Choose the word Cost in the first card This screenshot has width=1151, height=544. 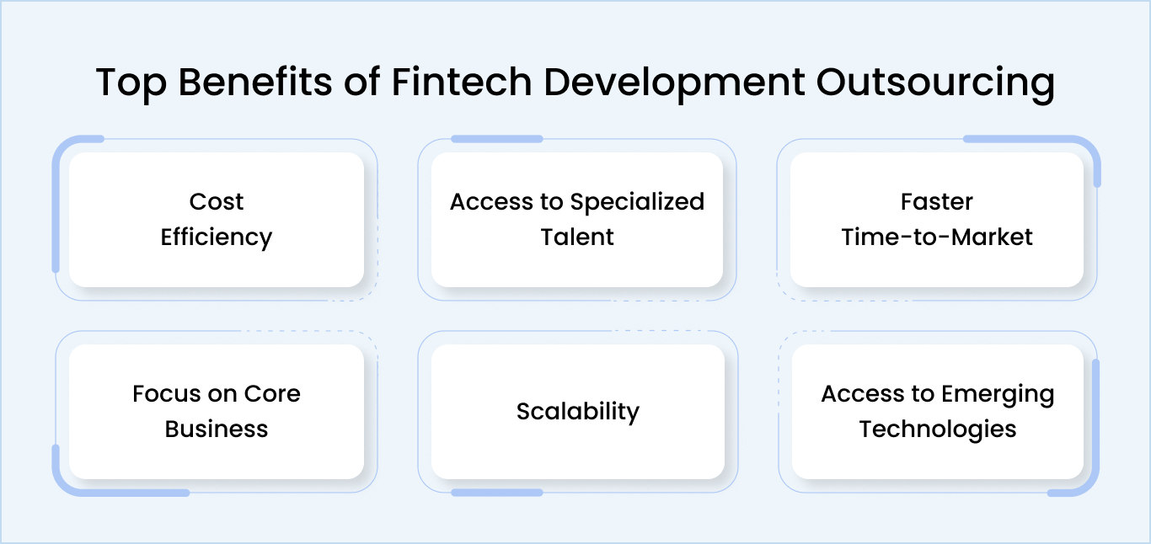click(x=217, y=202)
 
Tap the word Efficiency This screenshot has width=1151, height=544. click(x=217, y=237)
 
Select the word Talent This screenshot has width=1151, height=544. click(x=577, y=237)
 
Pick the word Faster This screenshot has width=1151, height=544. click(x=936, y=202)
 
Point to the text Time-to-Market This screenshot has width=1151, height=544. click(x=936, y=237)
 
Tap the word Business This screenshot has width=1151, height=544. click(x=217, y=429)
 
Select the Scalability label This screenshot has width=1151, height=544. click(x=577, y=412)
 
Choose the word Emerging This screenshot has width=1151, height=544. click(x=998, y=394)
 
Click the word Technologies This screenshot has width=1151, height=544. click(x=937, y=429)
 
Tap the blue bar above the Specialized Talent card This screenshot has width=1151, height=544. click(x=497, y=139)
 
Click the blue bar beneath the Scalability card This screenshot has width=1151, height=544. click(x=497, y=492)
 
